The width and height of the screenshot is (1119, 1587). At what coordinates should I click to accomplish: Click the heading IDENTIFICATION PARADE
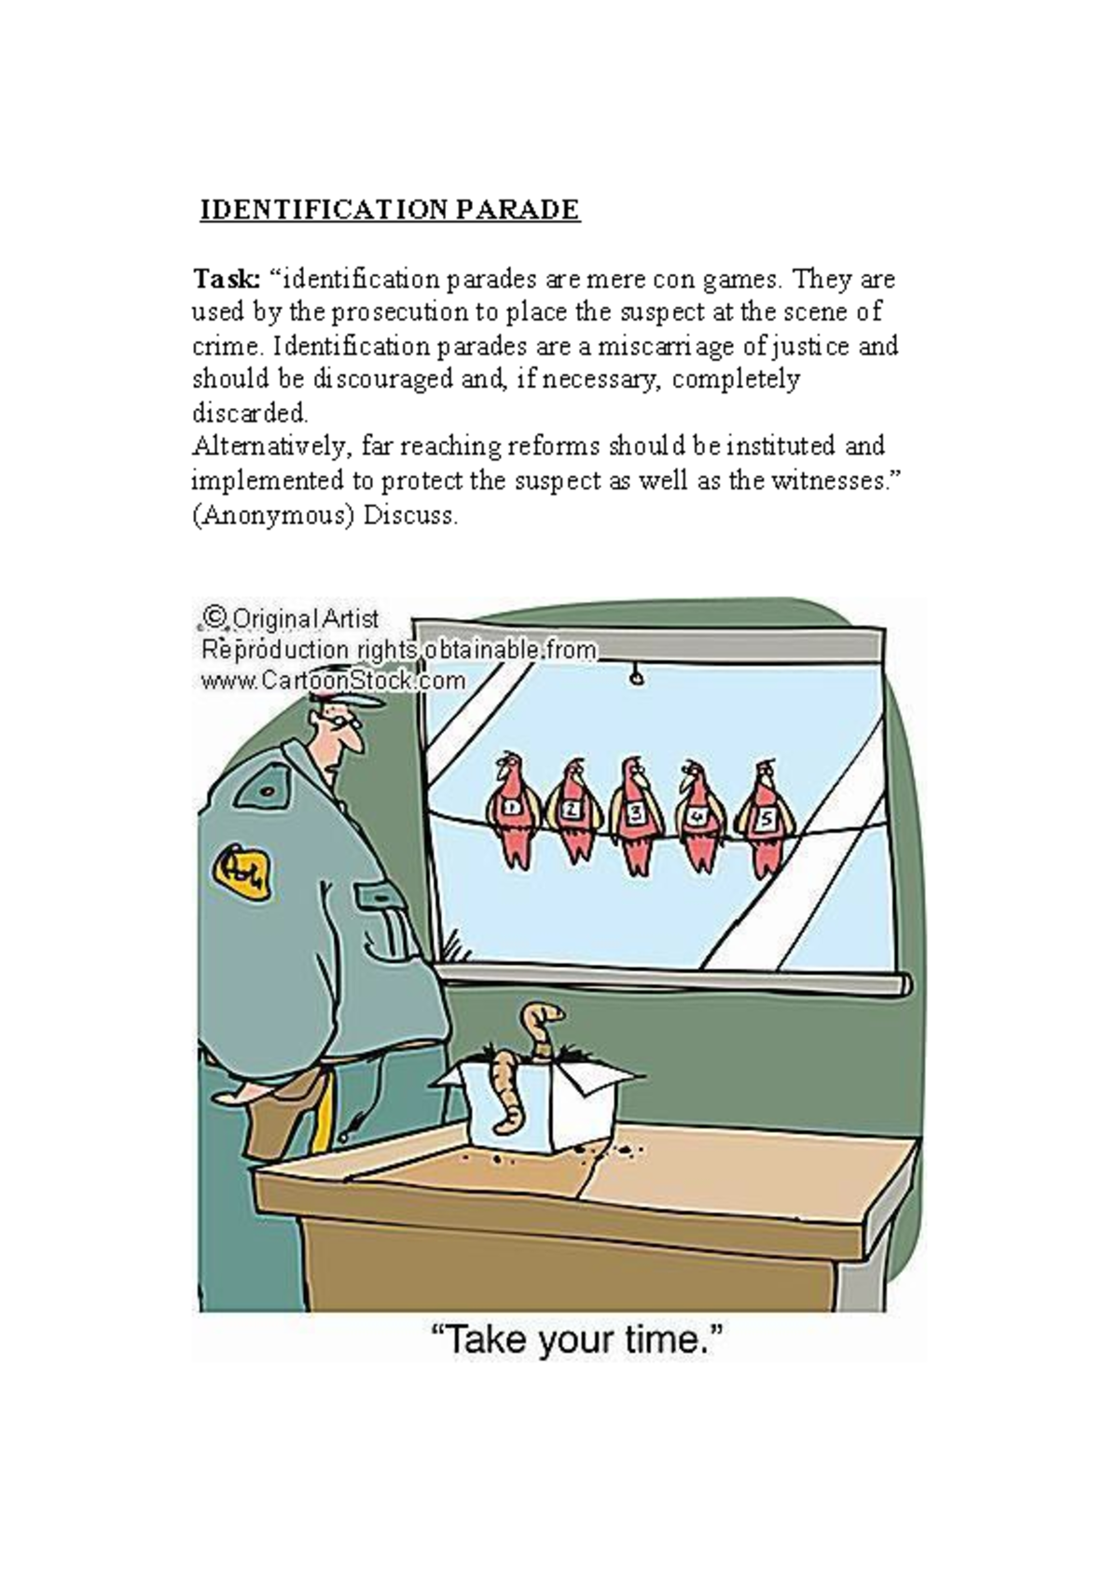coord(390,209)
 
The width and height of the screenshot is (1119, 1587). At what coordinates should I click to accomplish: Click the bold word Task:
coord(226,279)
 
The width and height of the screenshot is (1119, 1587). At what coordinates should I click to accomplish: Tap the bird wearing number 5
coord(765,817)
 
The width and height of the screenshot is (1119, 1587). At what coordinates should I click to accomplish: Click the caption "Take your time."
coord(576,1341)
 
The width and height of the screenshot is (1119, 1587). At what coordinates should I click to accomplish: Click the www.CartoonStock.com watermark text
coord(333,681)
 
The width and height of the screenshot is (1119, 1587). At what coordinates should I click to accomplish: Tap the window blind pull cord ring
coord(638,678)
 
